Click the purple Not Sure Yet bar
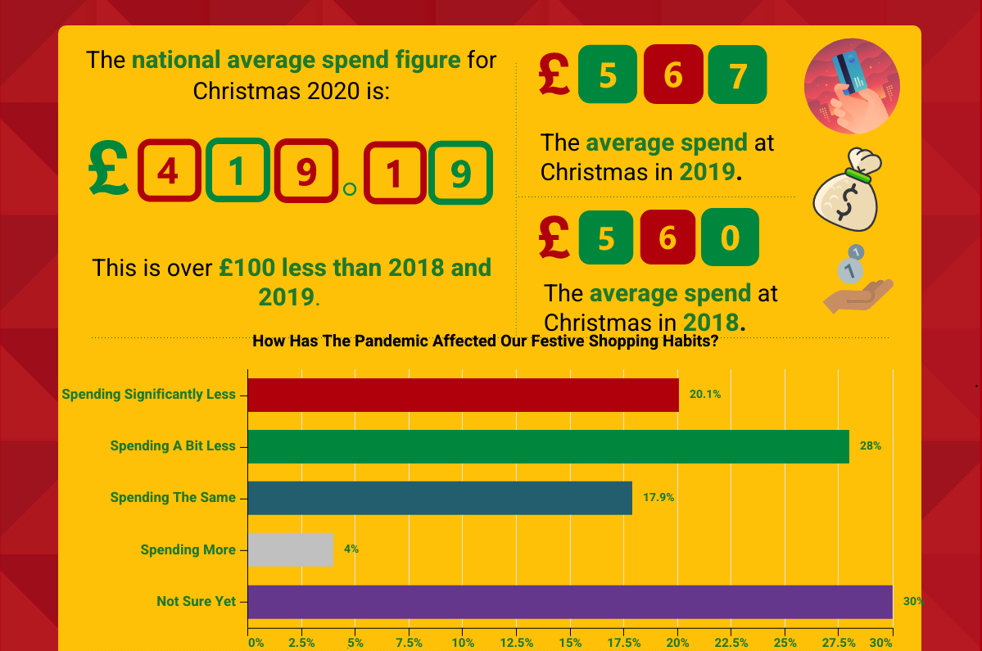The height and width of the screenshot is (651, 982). point(569,602)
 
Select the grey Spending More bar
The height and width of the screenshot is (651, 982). point(291,549)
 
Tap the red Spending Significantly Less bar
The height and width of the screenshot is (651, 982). point(463,395)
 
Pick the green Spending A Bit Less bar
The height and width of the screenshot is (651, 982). point(548,446)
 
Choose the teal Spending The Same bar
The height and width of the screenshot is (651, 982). point(440,498)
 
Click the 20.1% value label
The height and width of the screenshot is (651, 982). point(705,395)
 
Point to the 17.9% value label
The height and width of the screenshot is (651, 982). point(658,498)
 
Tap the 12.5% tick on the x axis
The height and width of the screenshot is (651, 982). point(517,643)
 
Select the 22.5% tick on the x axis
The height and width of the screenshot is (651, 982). point(731,643)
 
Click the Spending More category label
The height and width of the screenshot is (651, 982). point(188,549)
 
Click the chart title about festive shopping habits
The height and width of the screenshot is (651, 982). point(485,341)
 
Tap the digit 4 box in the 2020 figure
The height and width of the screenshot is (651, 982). point(168,171)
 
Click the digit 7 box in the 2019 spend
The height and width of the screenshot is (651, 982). point(737,75)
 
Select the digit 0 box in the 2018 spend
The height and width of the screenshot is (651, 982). point(730,237)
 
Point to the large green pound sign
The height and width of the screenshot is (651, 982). point(109,169)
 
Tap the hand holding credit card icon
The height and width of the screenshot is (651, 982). point(852,86)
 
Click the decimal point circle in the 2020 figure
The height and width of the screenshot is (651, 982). point(350,190)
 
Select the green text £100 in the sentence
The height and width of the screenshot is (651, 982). point(248,268)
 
